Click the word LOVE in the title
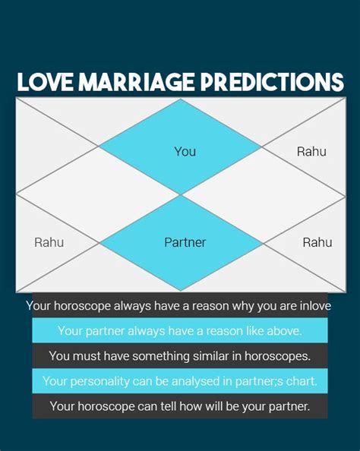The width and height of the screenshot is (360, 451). (45, 82)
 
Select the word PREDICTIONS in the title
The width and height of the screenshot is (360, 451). (272, 82)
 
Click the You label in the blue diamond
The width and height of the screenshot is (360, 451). (185, 152)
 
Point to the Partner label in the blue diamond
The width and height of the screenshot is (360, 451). (185, 242)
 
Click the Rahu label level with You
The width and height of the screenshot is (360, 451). (311, 152)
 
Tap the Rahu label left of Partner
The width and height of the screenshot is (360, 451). (49, 242)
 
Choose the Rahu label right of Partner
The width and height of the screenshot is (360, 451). (317, 242)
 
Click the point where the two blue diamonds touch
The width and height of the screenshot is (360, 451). (181, 194)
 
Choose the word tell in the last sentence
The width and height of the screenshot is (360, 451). (168, 406)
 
